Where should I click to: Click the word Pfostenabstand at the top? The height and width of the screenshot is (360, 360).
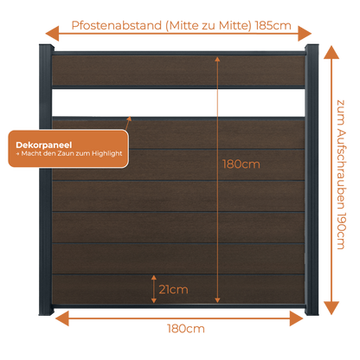pyautogui.click(x=117, y=25)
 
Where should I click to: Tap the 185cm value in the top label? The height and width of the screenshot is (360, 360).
pyautogui.click(x=273, y=25)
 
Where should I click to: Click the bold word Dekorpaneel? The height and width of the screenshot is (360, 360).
pyautogui.click(x=44, y=145)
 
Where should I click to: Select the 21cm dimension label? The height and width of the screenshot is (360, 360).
pyautogui.click(x=173, y=289)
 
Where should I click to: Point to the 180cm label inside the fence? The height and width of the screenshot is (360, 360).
pyautogui.click(x=241, y=164)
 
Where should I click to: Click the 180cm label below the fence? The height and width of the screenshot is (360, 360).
pyautogui.click(x=186, y=329)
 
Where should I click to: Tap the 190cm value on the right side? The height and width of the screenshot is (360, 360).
pyautogui.click(x=341, y=231)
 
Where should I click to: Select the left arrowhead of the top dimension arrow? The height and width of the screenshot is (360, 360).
pyautogui.click(x=52, y=34)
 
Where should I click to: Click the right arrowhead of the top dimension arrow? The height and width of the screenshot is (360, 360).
pyautogui.click(x=305, y=34)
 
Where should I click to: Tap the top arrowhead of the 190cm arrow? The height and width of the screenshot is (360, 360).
pyautogui.click(x=331, y=52)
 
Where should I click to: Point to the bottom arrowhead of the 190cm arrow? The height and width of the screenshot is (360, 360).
pyautogui.click(x=331, y=308)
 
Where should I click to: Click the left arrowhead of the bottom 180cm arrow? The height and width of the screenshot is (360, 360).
pyautogui.click(x=62, y=318)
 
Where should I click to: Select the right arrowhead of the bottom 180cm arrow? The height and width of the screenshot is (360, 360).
pyautogui.click(x=297, y=318)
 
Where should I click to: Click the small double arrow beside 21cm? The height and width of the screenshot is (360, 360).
pyautogui.click(x=154, y=289)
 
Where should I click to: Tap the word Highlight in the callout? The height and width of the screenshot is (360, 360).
pyautogui.click(x=107, y=154)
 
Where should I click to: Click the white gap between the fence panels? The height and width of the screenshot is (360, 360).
pyautogui.click(x=178, y=102)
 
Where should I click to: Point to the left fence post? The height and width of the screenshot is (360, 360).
pyautogui.click(x=46, y=180)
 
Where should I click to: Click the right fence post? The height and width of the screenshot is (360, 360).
pyautogui.click(x=312, y=180)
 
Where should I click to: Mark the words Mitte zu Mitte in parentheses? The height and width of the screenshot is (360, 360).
pyautogui.click(x=209, y=25)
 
